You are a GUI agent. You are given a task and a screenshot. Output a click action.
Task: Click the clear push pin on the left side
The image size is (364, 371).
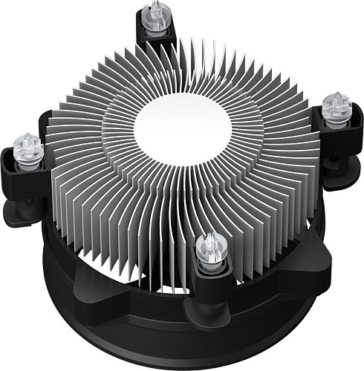[x=28, y=145]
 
